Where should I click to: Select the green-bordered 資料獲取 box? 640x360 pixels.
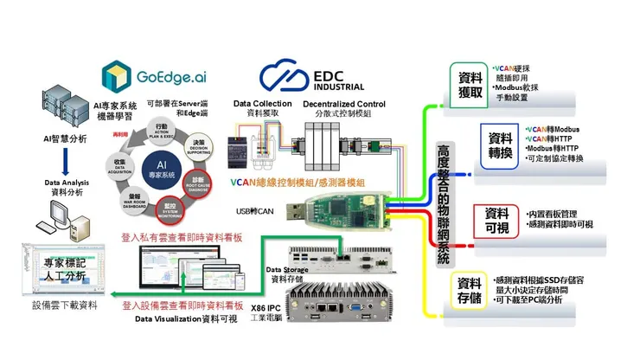tap(470, 85)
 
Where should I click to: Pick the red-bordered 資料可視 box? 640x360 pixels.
tap(499, 219)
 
